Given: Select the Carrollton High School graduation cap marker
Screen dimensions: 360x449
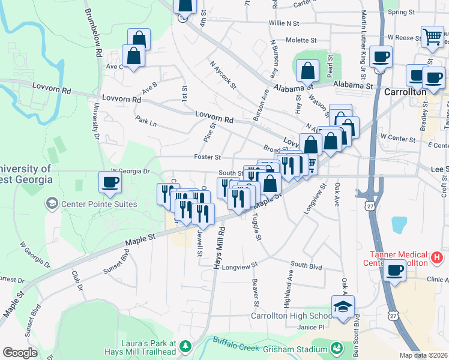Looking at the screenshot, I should click(x=343, y=307).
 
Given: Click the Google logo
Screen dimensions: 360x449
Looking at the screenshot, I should click(x=20, y=353).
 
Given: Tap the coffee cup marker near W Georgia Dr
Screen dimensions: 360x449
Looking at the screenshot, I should click(x=110, y=182).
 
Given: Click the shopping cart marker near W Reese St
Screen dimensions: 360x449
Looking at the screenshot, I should click(x=432, y=37).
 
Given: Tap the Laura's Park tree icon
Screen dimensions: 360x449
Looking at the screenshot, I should click(x=185, y=346).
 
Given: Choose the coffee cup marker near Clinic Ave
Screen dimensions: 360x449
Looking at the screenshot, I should click(x=394, y=271).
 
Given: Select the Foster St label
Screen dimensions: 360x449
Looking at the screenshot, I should click(x=207, y=157).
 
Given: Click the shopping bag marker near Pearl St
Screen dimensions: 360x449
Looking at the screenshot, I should click(x=307, y=70).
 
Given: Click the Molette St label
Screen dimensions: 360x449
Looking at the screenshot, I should click(x=301, y=40).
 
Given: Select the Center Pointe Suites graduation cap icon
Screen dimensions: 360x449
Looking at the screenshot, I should click(x=52, y=204).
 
